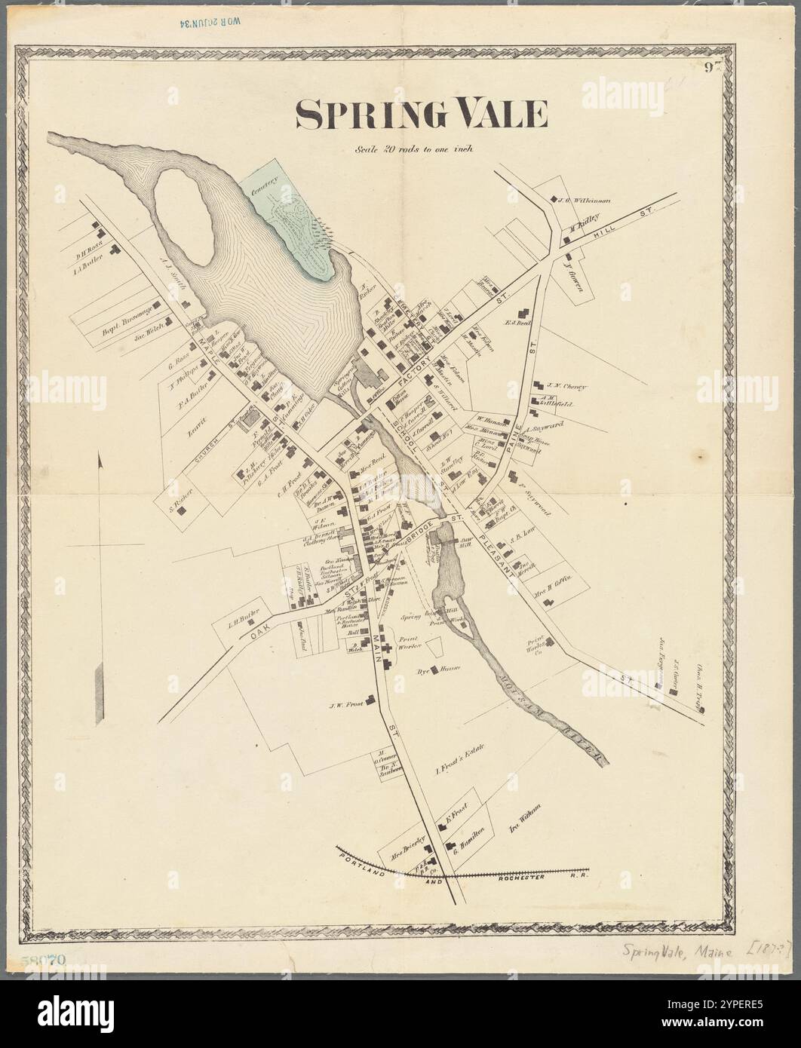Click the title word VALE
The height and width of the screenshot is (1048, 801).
pos(490,114)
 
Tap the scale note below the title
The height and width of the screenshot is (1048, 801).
pos(414,149)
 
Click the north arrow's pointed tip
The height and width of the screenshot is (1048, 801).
pos(100,455)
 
